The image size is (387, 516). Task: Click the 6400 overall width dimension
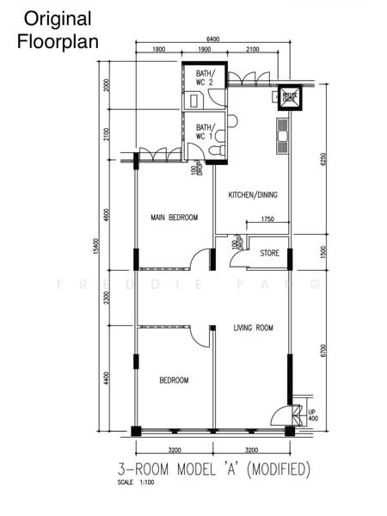[x=212, y=40]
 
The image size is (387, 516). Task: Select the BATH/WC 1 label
[x=205, y=131]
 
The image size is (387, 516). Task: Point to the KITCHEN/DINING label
[x=253, y=195]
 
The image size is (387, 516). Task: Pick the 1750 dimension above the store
[x=267, y=221]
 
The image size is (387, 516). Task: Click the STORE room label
[x=269, y=253]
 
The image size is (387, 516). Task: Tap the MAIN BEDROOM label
[x=174, y=218]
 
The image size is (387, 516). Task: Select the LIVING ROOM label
[x=253, y=328]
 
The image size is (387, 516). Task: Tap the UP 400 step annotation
[x=312, y=415]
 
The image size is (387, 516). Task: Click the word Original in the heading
[x=58, y=18]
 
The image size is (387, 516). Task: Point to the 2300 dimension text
[x=107, y=298]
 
